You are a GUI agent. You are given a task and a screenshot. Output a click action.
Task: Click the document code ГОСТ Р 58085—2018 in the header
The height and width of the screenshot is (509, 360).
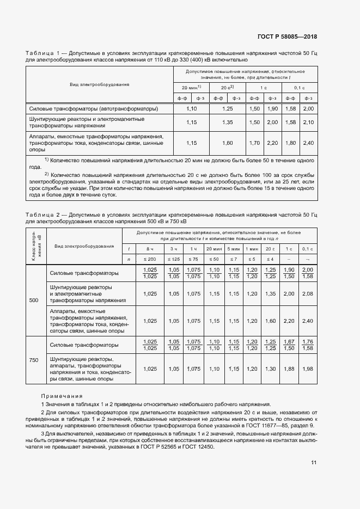(287, 36)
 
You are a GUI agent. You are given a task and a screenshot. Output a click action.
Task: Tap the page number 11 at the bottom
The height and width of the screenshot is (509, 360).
(314, 463)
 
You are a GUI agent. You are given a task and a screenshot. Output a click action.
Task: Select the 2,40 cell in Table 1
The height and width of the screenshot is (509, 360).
(308, 143)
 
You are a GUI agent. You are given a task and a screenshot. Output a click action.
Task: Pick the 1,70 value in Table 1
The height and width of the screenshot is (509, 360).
(254, 143)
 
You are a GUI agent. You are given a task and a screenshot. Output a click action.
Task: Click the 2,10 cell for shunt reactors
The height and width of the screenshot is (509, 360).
(308, 122)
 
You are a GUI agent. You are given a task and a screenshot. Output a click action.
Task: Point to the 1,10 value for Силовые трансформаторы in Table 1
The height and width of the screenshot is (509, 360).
(191, 109)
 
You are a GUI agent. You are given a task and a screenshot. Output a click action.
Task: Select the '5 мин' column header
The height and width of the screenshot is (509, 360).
(234, 248)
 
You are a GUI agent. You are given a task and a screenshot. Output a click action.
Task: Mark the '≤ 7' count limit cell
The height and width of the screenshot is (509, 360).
(234, 259)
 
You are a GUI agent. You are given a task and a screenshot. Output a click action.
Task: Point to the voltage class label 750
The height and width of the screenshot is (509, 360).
(34, 360)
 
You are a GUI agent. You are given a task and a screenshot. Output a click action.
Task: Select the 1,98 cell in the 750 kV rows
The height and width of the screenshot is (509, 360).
(308, 369)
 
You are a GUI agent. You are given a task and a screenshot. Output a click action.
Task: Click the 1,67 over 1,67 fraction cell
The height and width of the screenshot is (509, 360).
(289, 345)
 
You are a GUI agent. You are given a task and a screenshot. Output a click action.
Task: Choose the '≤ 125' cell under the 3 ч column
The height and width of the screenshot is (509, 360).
(174, 259)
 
